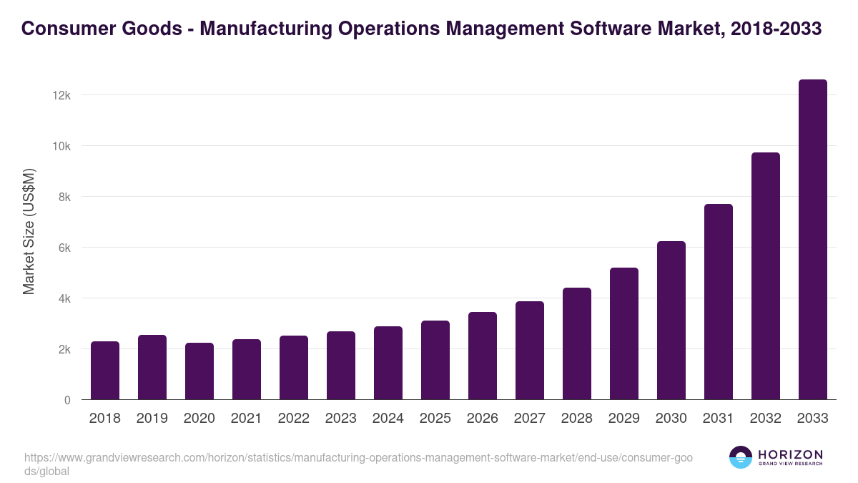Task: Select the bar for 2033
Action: pyautogui.click(x=812, y=240)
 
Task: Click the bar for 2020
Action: pyautogui.click(x=199, y=371)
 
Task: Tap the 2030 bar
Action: pyautogui.click(x=671, y=321)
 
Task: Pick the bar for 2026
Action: pyautogui.click(x=482, y=356)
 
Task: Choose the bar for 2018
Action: pyautogui.click(x=105, y=371)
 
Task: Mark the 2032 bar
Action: pyautogui.click(x=765, y=276)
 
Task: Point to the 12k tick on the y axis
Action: pyautogui.click(x=62, y=95)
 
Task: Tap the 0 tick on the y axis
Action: pyautogui.click(x=67, y=400)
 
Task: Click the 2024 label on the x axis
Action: pyautogui.click(x=388, y=419)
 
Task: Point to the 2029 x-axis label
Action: pyautogui.click(x=623, y=419)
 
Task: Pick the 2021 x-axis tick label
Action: pyautogui.click(x=246, y=419)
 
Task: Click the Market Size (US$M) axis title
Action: pyautogui.click(x=29, y=231)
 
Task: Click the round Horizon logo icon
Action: pyautogui.click(x=741, y=457)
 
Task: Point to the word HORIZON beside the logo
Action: pyautogui.click(x=790, y=454)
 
